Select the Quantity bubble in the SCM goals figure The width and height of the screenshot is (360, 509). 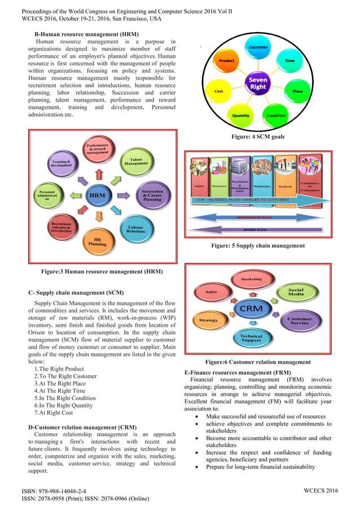coord(241,115)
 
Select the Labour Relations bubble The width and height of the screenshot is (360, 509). coord(135,229)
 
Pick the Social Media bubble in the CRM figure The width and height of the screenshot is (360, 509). coord(296,292)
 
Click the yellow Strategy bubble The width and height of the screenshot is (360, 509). coord(208,320)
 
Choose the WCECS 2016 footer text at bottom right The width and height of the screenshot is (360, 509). coord(319,490)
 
